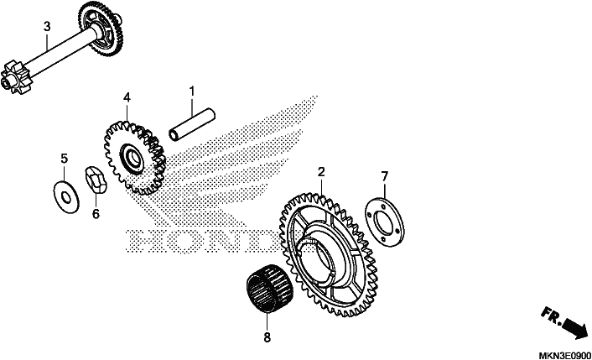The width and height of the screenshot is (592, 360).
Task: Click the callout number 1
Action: [x=192, y=91]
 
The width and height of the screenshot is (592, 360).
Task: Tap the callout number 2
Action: [x=321, y=172]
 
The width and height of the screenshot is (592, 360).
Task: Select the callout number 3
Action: [x=47, y=27]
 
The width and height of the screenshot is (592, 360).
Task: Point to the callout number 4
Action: [x=127, y=97]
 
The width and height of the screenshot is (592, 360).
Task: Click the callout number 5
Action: [x=65, y=159]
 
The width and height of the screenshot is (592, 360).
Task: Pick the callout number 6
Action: [x=96, y=214]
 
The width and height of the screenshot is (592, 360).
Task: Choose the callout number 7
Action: [x=384, y=176]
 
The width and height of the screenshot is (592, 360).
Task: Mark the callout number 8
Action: [x=267, y=337]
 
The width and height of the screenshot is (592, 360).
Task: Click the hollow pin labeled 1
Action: [x=192, y=125]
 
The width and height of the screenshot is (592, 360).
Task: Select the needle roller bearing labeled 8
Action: [x=270, y=288]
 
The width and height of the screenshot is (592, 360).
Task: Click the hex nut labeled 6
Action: [x=96, y=180]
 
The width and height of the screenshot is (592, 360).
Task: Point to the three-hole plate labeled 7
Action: [x=384, y=223]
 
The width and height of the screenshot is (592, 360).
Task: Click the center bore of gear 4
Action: [x=132, y=157]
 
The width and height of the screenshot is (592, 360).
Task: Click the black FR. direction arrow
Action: [x=574, y=327]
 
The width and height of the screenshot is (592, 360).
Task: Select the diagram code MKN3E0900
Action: [x=564, y=356]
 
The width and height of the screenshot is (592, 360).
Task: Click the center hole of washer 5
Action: [x=66, y=197]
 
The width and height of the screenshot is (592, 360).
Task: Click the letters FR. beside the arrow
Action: [x=551, y=316]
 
